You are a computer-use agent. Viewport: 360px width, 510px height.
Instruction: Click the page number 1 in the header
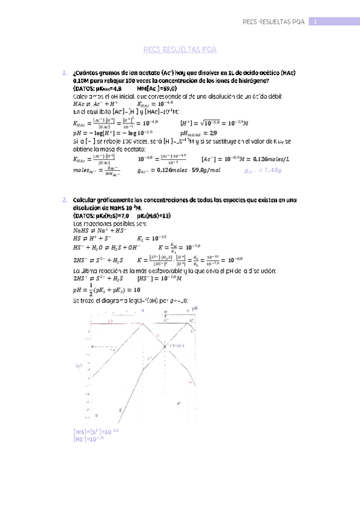[x=315, y=22]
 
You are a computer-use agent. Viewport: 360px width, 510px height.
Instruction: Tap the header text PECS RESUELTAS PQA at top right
[x=273, y=22]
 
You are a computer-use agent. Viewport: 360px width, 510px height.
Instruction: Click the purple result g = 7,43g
[x=263, y=171]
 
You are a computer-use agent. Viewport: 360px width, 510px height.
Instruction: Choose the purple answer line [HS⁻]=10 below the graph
[x=88, y=439]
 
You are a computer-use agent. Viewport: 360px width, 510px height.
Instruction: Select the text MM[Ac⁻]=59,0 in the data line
[x=158, y=88]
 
